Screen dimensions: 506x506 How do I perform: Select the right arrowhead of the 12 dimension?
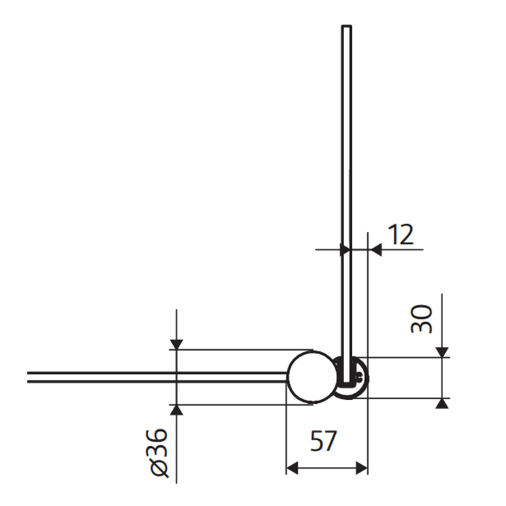tap(374, 250)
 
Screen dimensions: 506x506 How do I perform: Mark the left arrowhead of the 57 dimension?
tap(292, 468)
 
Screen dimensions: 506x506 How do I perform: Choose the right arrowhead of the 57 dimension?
tap(363, 468)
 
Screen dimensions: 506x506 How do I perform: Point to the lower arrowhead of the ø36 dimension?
tap(176, 410)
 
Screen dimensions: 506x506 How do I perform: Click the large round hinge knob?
tap(312, 377)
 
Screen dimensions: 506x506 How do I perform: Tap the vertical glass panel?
tap(347, 181)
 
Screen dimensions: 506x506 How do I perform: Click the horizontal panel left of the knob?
tap(145, 377)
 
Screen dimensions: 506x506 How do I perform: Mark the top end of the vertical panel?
tap(347, 27)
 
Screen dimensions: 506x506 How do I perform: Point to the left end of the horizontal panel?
tap(30, 377)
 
